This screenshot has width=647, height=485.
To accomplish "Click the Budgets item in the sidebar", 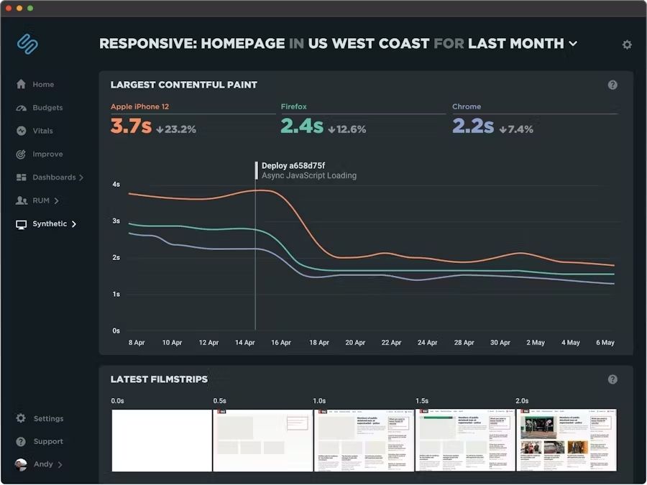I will pyautogui.click(x=47, y=108).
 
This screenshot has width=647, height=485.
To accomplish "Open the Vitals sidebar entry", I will pyautogui.click(x=42, y=131).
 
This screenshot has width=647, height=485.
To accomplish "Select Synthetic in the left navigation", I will pyautogui.click(x=49, y=224).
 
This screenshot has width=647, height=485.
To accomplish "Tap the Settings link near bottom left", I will pyautogui.click(x=48, y=419).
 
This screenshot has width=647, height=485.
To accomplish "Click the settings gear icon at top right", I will pyautogui.click(x=627, y=45).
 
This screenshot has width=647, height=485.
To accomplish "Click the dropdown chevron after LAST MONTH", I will pyautogui.click(x=573, y=44).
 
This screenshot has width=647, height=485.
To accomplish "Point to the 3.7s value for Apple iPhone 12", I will pyautogui.click(x=131, y=126).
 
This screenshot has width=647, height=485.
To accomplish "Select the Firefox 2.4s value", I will pyautogui.click(x=301, y=126).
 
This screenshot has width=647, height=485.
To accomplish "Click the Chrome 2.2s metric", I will pyautogui.click(x=472, y=126).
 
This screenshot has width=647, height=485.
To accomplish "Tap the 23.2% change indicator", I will pyautogui.click(x=176, y=129).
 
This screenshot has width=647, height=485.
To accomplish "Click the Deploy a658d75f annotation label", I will pyautogui.click(x=293, y=165).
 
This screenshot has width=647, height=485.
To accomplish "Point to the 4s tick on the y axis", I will pyautogui.click(x=116, y=185).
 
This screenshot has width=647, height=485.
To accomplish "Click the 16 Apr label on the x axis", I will pyautogui.click(x=281, y=343).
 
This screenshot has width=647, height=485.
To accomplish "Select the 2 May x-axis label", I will pyautogui.click(x=536, y=343).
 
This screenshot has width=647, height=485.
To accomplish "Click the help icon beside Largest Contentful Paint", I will pyautogui.click(x=612, y=85).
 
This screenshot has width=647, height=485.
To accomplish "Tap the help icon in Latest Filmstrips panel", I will pyautogui.click(x=612, y=379).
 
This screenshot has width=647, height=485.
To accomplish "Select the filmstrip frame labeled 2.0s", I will pyautogui.click(x=566, y=440).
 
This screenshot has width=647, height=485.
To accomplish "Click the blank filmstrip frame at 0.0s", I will pyautogui.click(x=161, y=440).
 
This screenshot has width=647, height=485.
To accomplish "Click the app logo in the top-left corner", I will pyautogui.click(x=27, y=44).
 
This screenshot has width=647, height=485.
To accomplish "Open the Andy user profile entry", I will pyautogui.click(x=43, y=464).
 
